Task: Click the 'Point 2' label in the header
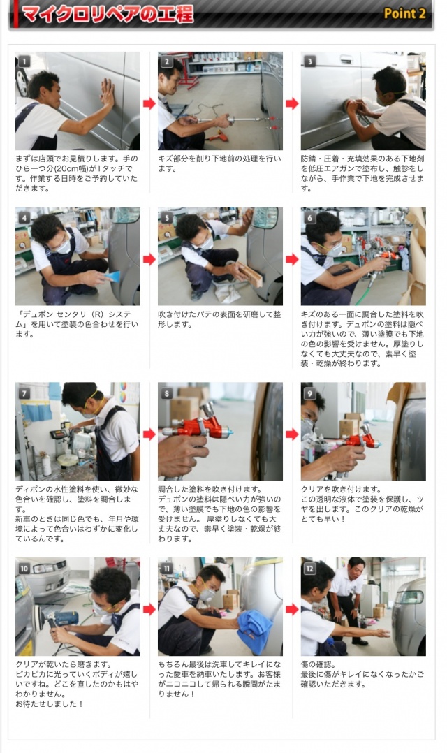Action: pos(404,13)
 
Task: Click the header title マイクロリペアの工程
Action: pos(108,14)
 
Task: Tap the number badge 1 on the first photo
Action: pos(24,61)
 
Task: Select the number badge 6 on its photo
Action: pos(309,217)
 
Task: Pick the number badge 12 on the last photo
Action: pos(309,568)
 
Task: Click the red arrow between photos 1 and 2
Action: pos(149,103)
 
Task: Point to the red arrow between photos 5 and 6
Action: pos(292,259)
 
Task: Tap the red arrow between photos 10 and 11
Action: pos(149,609)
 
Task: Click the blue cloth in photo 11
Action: pos(255,629)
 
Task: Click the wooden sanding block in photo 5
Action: pos(251,275)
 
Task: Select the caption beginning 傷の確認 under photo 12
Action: pos(362,674)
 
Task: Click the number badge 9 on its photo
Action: pos(309,393)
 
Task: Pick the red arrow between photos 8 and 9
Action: pos(292,434)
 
